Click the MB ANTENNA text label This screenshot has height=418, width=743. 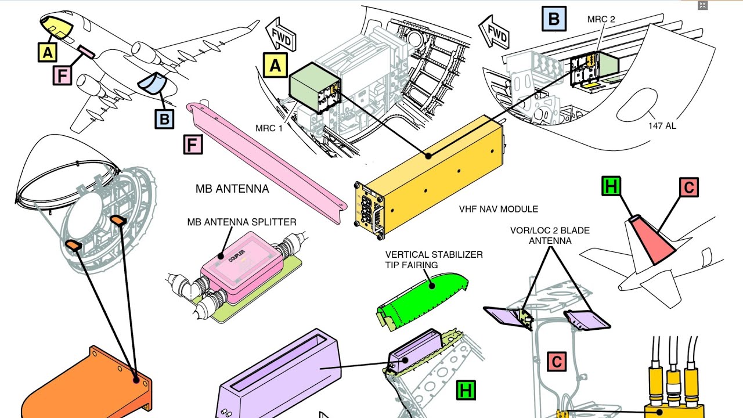coord(232,189)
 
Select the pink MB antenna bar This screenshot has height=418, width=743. coord(266,163)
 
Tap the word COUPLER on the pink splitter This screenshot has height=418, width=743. coord(237,256)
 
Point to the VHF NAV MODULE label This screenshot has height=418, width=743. coord(498,209)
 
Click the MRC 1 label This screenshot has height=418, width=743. coord(269,128)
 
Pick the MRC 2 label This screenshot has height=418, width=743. coord(601,19)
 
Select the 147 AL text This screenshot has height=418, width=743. coord(662,126)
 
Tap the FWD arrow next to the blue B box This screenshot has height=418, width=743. coord(494,32)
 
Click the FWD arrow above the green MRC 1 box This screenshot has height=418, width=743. coord(280,35)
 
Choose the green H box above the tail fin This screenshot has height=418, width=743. coord(611,186)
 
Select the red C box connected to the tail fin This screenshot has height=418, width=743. coord(688,188)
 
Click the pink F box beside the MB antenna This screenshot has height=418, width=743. coord(193,145)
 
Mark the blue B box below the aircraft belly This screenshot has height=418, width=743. coord(164,119)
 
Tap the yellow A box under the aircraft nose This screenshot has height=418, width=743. coord(48,52)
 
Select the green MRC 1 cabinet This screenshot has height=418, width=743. coord(315,87)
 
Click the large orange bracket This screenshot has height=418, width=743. coord(87,385)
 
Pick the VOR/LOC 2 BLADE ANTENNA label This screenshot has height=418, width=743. coord(550,236)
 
